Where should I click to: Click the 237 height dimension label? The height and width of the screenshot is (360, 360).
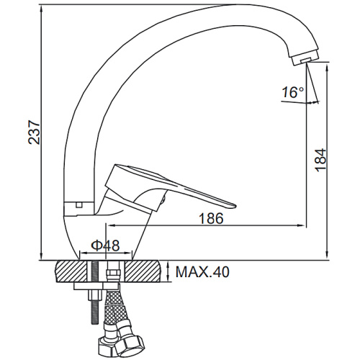tap(34, 132)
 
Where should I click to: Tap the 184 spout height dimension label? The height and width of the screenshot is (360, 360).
tap(320, 160)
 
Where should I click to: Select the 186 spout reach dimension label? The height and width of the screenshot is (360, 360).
tap(211, 218)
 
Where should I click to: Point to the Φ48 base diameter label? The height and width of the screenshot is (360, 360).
tap(105, 246)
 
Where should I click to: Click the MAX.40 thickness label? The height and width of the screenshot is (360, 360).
tap(202, 271)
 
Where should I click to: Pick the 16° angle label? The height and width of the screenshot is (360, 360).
tap(293, 92)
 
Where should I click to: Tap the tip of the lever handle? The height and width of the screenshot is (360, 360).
tap(235, 206)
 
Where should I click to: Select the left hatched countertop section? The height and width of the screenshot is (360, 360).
tap(71, 271)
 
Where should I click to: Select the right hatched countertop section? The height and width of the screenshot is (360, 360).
tap(142, 271)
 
